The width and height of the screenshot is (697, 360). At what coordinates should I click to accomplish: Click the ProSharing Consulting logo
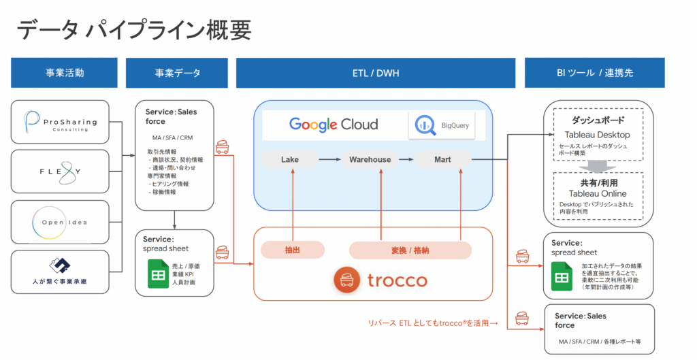point(61,123)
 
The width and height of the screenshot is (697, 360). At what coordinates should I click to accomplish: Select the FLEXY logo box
point(61,171)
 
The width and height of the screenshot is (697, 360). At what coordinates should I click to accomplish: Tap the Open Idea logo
point(61,221)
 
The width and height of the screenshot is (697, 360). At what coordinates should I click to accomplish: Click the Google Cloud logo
point(334,125)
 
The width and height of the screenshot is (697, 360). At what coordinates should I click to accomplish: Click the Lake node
point(290,160)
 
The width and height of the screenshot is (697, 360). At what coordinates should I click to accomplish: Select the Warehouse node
point(370,160)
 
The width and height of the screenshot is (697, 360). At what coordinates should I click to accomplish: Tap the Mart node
point(442,160)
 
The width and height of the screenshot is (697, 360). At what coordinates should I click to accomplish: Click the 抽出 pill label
point(292,250)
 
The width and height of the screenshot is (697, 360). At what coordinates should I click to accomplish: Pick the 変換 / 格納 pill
point(410,250)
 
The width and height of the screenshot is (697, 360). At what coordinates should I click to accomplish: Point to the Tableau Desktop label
point(597,135)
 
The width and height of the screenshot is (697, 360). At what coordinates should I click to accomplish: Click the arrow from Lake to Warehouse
point(329,160)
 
